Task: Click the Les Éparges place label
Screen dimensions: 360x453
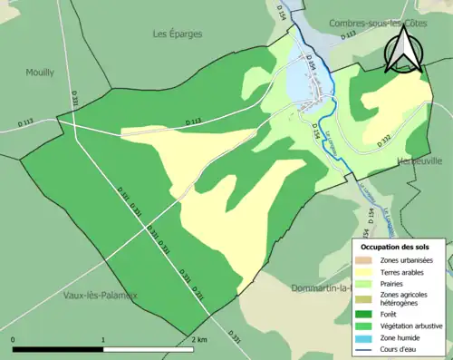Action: click(178, 34)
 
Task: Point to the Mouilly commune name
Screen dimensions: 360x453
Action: click(41, 72)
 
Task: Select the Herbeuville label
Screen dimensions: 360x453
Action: click(419, 161)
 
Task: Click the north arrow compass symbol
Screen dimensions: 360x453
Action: click(402, 49)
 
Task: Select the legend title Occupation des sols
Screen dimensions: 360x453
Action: click(395, 247)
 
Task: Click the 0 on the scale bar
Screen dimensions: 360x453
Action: click(14, 339)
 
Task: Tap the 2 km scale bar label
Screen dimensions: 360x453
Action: click(199, 339)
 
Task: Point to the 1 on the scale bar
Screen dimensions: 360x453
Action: click(103, 339)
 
